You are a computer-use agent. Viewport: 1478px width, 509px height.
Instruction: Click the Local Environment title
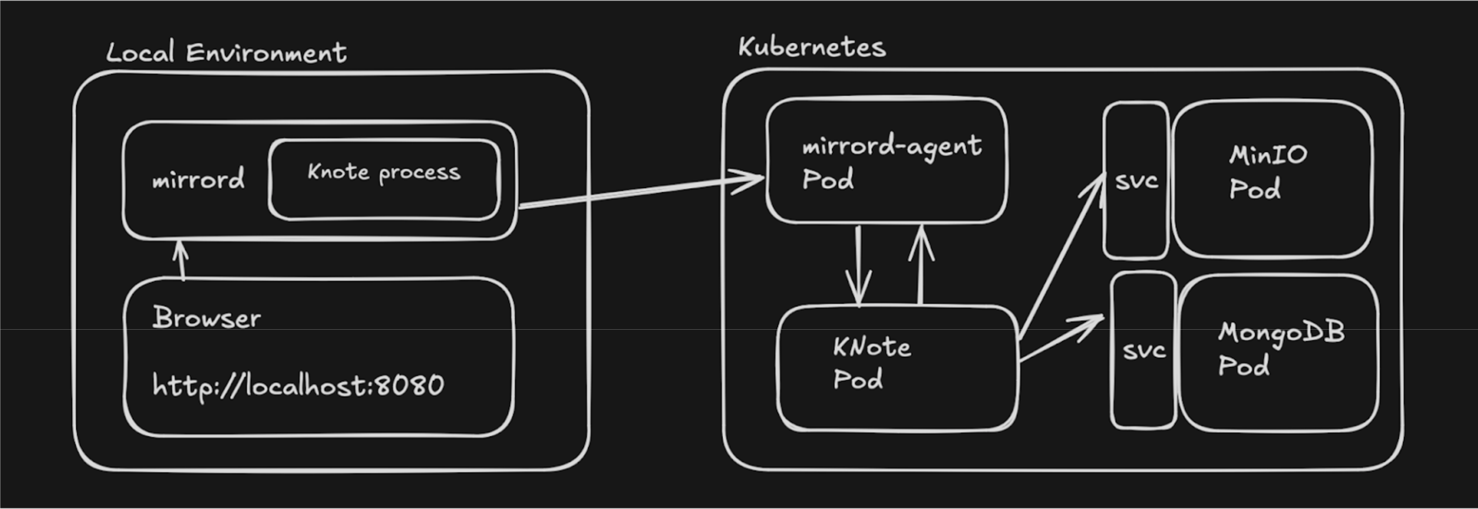pyautogui.click(x=226, y=53)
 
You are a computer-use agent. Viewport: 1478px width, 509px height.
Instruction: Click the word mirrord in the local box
pyautogui.click(x=198, y=179)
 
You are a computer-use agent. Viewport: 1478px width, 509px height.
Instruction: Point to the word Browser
pyautogui.click(x=206, y=318)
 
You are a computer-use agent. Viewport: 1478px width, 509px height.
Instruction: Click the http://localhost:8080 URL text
pyautogui.click(x=298, y=386)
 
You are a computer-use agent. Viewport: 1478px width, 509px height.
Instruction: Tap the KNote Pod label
pyautogui.click(x=871, y=363)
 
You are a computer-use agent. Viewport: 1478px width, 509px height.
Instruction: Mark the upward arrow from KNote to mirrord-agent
pyautogui.click(x=921, y=264)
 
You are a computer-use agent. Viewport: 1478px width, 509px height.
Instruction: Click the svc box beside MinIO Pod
pyautogui.click(x=1136, y=181)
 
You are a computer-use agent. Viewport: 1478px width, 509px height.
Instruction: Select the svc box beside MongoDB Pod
pyautogui.click(x=1143, y=351)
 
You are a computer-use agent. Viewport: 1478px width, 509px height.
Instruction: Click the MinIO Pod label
pyautogui.click(x=1268, y=172)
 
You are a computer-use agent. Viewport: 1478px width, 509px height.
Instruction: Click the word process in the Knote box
pyautogui.click(x=419, y=173)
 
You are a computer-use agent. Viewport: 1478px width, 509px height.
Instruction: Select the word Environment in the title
pyautogui.click(x=266, y=53)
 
